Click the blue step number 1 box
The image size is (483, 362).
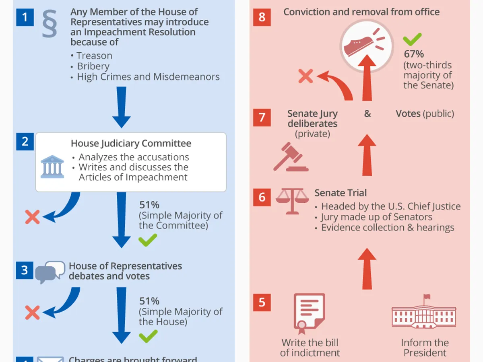coord(25,18)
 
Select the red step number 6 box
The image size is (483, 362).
coord(262,197)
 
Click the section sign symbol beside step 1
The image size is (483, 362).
coord(50,24)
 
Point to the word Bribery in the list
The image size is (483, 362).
coord(93,66)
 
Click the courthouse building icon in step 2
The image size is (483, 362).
coord(52,167)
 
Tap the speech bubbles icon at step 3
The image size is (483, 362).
coord(50,272)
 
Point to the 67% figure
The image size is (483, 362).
coord(414,54)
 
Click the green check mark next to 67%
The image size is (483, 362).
coord(412,39)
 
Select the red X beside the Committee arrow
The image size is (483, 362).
coord(32,217)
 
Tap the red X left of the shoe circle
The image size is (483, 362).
coord(306,76)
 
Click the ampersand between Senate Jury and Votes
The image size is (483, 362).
coord(367,114)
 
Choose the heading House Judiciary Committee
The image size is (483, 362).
coord(131,144)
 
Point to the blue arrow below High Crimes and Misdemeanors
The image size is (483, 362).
coord(121,107)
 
